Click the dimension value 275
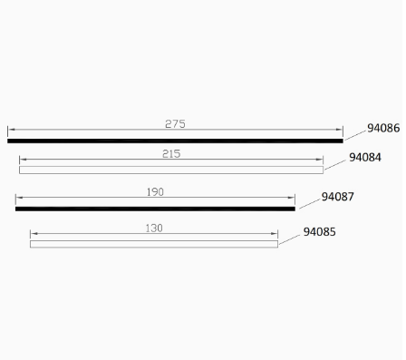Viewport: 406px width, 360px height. click(175, 124)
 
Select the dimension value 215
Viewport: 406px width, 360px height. click(171, 154)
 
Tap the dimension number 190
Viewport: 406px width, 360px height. click(155, 192)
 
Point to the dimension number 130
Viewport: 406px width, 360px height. click(154, 229)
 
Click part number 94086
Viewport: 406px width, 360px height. click(383, 128)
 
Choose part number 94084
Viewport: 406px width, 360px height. click(365, 157)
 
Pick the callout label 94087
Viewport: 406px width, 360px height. click(337, 197)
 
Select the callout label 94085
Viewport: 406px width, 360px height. click(319, 232)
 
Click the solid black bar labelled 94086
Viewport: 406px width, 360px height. click(175, 141)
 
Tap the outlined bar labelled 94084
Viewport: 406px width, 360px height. click(171, 170)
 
